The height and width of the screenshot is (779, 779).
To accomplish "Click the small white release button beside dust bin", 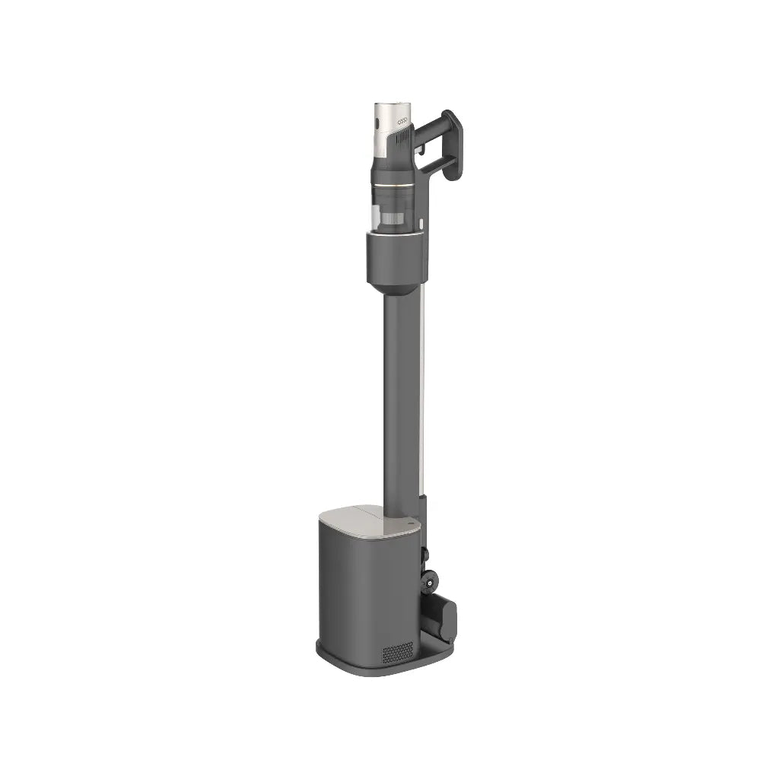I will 419,224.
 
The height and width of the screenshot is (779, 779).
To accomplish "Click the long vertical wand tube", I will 400,396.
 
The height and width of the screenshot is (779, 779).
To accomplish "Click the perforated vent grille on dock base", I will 397,651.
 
